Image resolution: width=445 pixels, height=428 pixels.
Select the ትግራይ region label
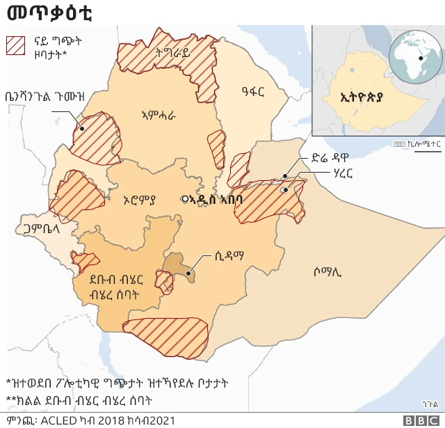[x=173, y=52]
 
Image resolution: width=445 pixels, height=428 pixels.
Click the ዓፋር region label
[x=254, y=89]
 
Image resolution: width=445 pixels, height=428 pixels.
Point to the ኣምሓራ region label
[x=158, y=115]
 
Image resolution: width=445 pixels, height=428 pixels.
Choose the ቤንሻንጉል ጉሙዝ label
[x=44, y=97]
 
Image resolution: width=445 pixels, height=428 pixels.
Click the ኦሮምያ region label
[x=139, y=200]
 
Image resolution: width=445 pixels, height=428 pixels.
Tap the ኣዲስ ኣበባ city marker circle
[x=185, y=198]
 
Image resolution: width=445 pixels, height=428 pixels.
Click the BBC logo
[x=418, y=420]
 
